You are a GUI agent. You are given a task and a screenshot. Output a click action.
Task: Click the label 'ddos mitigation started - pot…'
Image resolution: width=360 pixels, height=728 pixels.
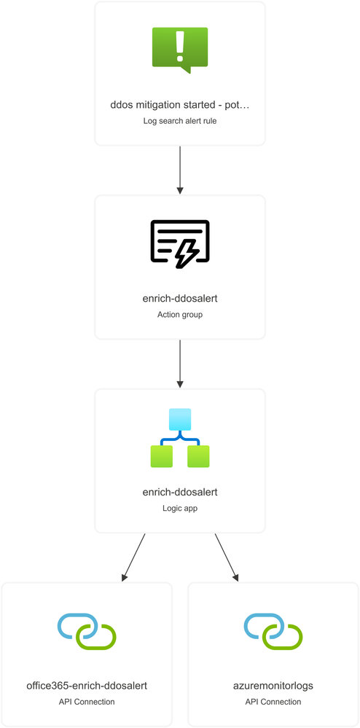(x=180, y=106)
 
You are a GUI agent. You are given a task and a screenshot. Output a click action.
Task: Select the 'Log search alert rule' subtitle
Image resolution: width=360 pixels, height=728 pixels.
(x=180, y=121)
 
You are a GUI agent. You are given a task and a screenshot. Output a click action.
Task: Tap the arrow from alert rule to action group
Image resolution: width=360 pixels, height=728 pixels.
(x=180, y=170)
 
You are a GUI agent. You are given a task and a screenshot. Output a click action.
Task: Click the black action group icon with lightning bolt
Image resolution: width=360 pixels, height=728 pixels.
(x=180, y=243)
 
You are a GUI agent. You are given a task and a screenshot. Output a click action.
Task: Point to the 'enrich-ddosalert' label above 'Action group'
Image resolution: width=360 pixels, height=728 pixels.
(x=180, y=299)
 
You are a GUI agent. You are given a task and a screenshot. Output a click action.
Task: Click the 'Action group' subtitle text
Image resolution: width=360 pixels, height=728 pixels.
(x=180, y=315)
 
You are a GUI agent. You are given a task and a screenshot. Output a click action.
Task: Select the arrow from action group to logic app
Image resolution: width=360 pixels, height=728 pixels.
(x=180, y=364)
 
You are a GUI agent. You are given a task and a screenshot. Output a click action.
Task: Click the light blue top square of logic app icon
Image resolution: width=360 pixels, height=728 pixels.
(x=180, y=419)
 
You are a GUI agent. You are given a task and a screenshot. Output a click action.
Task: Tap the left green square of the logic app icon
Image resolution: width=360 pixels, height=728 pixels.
(x=161, y=456)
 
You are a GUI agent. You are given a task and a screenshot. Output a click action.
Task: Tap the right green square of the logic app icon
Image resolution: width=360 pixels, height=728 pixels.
(x=198, y=456)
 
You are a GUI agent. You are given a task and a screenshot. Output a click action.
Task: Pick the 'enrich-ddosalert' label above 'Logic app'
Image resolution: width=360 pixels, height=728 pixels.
(x=180, y=493)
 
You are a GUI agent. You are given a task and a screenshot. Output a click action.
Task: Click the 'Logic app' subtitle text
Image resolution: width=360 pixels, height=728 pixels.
(x=180, y=509)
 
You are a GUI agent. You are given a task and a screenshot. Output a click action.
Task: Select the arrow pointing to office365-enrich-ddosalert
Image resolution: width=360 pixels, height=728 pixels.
(x=134, y=557)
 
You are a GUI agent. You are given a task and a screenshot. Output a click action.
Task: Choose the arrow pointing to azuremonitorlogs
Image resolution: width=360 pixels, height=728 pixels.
(x=226, y=557)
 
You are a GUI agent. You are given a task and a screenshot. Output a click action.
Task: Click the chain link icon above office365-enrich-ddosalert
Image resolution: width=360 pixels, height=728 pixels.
(x=87, y=631)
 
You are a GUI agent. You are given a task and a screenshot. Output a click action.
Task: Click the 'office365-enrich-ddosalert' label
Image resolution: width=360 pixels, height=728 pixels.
(x=87, y=686)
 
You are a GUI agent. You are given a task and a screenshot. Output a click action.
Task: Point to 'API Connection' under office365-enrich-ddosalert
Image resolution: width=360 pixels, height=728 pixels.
(x=87, y=702)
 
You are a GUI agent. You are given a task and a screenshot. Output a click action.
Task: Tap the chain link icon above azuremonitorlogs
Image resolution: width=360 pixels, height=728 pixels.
(x=273, y=631)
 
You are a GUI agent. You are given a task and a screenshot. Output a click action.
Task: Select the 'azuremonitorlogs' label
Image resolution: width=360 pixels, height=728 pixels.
(x=273, y=686)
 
